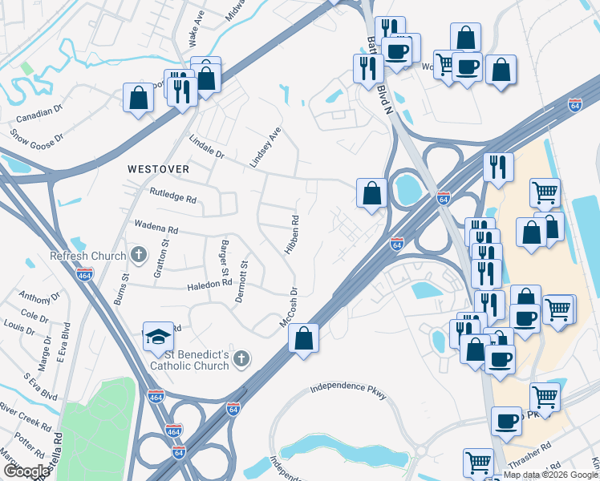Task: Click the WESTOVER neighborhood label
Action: pyautogui.click(x=158, y=169)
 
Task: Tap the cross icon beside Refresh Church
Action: pyautogui.click(x=139, y=256)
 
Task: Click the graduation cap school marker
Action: pyautogui.click(x=158, y=337)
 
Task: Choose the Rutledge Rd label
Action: pyautogui.click(x=172, y=194)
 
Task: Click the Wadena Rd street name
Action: pyautogui.click(x=156, y=229)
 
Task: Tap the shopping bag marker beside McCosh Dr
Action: pyautogui.click(x=303, y=338)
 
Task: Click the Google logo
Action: pyautogui.click(x=26, y=471)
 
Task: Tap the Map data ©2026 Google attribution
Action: pyautogui.click(x=550, y=475)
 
